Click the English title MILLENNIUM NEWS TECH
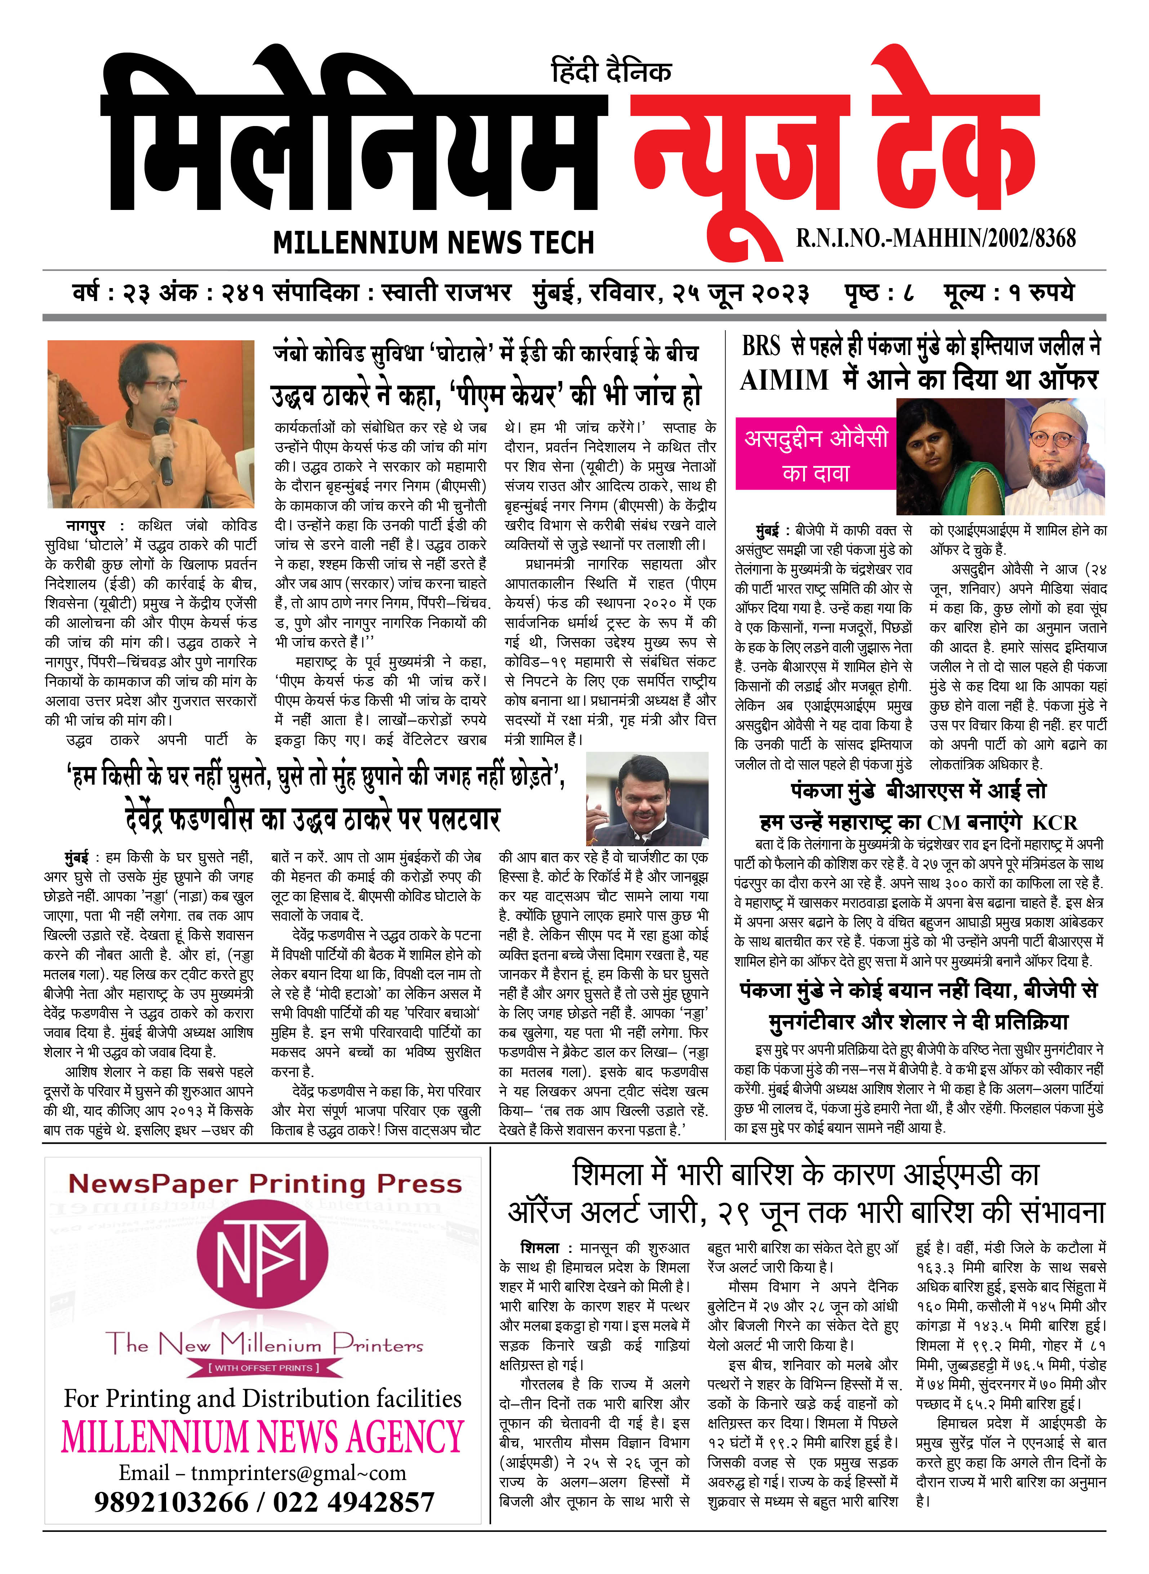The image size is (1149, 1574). tap(433, 243)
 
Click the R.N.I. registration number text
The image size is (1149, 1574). tap(935, 238)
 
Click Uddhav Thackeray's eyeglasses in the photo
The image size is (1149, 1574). tap(165, 386)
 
